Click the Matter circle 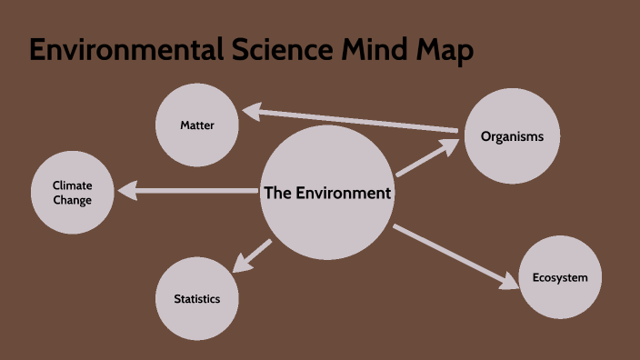coord(197,125)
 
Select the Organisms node coord(512,136)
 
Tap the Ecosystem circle coord(560,277)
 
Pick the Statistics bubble coord(197,299)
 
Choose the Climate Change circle coord(73,193)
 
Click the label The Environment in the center coord(327,193)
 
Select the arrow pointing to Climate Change coord(191,190)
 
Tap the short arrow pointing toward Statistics coord(253,255)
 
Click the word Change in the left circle coord(73,200)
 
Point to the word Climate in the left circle coord(73,185)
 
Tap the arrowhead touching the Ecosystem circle coord(512,283)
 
